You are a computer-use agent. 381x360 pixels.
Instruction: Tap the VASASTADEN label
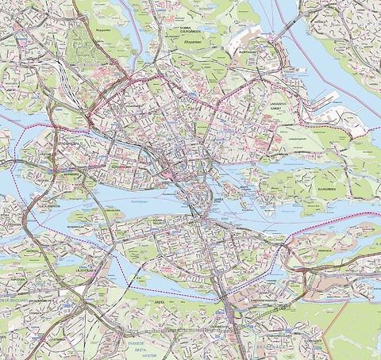coord(132,104)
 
